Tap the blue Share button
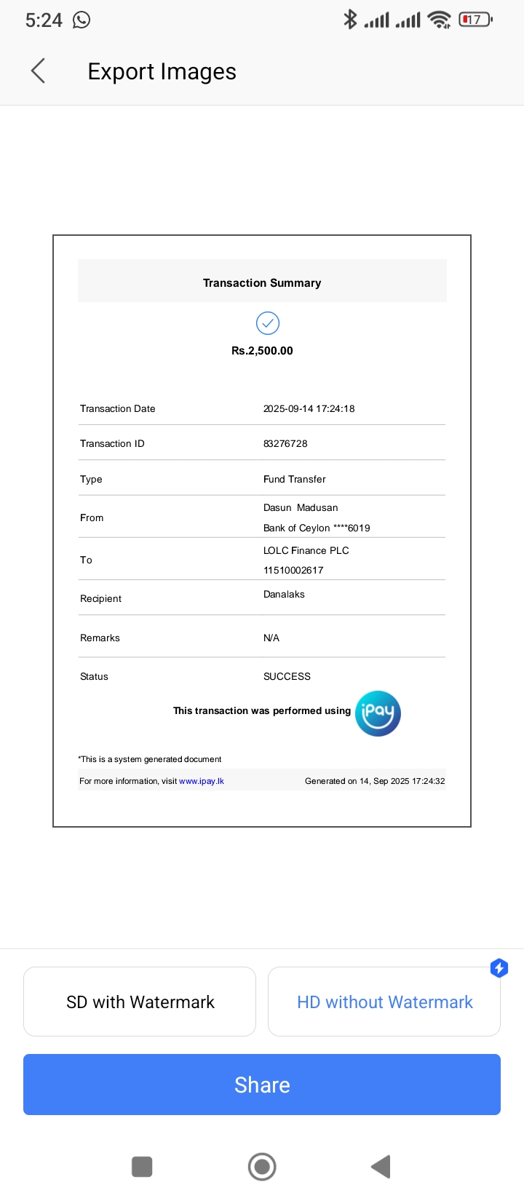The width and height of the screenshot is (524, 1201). pyautogui.click(x=262, y=1085)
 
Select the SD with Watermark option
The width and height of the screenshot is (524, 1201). pyautogui.click(x=140, y=1002)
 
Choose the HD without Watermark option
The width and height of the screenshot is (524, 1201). pyautogui.click(x=384, y=1002)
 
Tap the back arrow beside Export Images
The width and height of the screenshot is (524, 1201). pyautogui.click(x=39, y=71)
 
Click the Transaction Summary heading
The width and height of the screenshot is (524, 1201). pyautogui.click(x=262, y=282)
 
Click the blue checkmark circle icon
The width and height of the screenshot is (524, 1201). pyautogui.click(x=268, y=323)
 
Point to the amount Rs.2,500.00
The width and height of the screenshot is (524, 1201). pyautogui.click(x=262, y=350)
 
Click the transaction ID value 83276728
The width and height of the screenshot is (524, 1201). pyautogui.click(x=285, y=443)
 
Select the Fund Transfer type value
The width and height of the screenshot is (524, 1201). pyautogui.click(x=294, y=479)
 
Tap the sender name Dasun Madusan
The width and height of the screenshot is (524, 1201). pyautogui.click(x=301, y=507)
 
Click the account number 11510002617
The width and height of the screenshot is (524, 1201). pyautogui.click(x=293, y=570)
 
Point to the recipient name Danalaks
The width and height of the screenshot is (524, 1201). pyautogui.click(x=284, y=594)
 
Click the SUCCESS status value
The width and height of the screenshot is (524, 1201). pyautogui.click(x=287, y=676)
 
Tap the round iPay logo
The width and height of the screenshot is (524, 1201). pyautogui.click(x=378, y=713)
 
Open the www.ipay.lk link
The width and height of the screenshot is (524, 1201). pyautogui.click(x=202, y=781)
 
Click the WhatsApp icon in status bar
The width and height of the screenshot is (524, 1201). pyautogui.click(x=82, y=20)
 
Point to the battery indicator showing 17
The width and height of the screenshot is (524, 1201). pyautogui.click(x=475, y=20)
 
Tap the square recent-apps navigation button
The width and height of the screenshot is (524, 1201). pyautogui.click(x=142, y=1166)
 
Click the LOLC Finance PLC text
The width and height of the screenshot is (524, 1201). pyautogui.click(x=306, y=550)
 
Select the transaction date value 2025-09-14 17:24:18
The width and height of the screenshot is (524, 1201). pyautogui.click(x=309, y=408)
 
